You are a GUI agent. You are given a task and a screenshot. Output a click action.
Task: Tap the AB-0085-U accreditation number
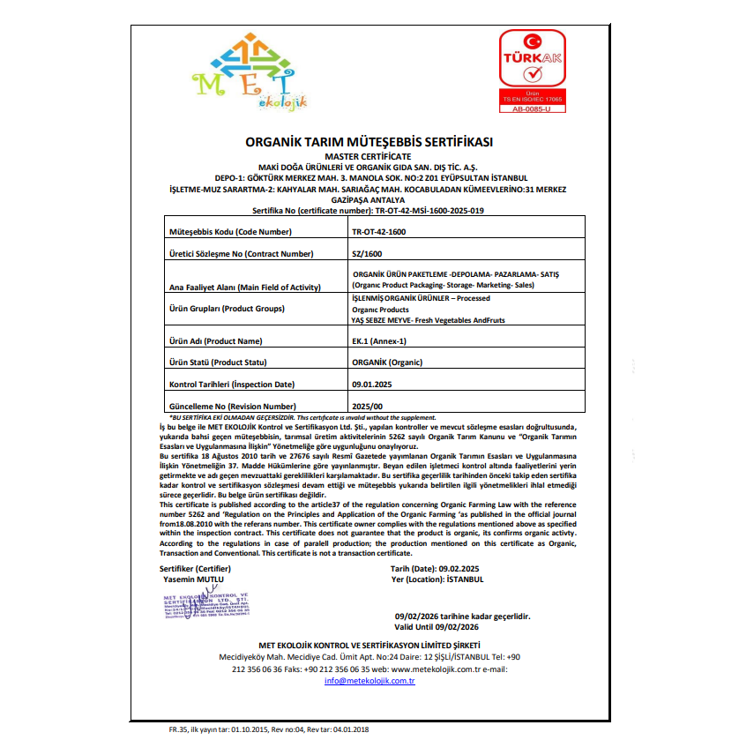[x=531, y=108]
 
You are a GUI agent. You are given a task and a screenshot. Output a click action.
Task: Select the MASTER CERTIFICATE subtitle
[x=369, y=156]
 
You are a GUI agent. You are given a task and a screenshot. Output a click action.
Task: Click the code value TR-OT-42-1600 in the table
[x=379, y=231]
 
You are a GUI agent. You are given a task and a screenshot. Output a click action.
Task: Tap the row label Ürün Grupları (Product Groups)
[x=227, y=309]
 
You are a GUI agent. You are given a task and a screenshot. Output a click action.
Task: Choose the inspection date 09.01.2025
[x=372, y=385]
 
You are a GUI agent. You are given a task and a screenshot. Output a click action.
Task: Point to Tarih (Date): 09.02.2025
[x=437, y=569]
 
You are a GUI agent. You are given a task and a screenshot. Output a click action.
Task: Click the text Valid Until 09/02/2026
[x=437, y=626]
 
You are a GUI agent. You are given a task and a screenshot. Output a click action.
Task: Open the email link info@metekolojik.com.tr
[x=369, y=681]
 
